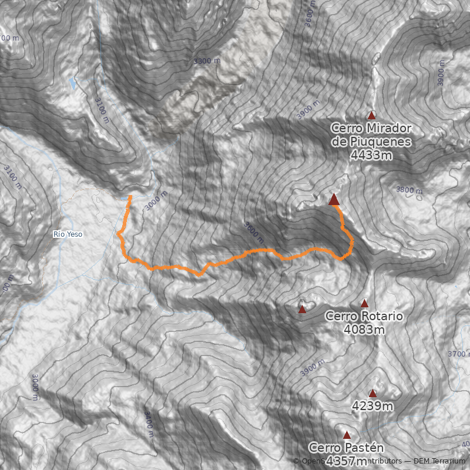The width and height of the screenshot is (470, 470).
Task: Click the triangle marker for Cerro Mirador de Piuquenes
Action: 371,115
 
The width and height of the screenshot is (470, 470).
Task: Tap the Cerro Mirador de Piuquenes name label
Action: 371,135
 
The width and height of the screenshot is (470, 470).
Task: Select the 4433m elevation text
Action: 371,155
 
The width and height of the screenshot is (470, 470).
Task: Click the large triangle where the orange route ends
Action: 334,200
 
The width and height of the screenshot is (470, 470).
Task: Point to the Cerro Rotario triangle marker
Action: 364,303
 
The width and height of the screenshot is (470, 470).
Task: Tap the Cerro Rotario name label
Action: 364,316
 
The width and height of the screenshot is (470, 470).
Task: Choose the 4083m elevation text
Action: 364,330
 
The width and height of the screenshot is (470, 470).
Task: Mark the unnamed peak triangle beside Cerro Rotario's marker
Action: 302,309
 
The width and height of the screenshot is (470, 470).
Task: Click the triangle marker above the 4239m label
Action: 372,393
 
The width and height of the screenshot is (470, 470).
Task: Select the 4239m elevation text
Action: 372,405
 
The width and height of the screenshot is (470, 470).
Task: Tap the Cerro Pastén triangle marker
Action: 347,435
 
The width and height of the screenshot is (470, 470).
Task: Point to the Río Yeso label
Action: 68,234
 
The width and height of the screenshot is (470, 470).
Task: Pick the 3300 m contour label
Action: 207,61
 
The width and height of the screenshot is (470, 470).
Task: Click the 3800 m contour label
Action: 409,190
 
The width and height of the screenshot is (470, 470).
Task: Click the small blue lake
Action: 73,83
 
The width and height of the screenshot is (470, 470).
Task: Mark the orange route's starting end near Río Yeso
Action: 130,197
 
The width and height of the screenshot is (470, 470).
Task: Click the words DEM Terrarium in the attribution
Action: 439,461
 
